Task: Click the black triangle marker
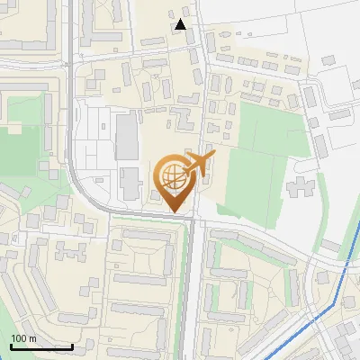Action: pos(181,24)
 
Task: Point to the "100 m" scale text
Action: pos(23,338)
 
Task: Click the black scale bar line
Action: pos(41,346)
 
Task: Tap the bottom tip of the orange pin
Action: pos(175,212)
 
